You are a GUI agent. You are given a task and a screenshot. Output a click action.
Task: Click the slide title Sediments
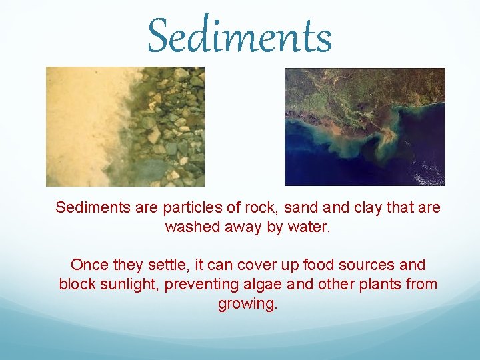point(239,36)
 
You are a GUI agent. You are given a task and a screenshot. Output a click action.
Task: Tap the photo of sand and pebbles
point(125,127)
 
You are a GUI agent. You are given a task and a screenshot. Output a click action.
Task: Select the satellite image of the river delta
point(365,127)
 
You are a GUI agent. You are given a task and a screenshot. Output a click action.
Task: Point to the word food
point(305,265)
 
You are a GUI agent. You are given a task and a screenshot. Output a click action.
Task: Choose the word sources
point(361,265)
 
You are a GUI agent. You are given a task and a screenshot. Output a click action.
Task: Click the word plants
point(380,284)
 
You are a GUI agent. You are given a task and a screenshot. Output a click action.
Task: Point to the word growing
point(247,304)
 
